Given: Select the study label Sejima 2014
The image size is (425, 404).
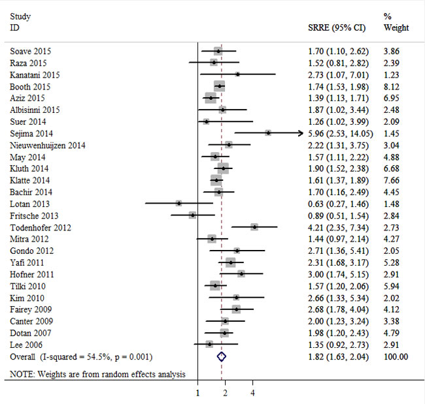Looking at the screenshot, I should pos(32,133).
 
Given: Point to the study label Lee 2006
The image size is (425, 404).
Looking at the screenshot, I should pos(27,345).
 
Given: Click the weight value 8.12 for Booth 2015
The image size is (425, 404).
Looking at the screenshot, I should pos(391,86).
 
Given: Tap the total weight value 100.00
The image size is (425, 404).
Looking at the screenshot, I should pos(396,356).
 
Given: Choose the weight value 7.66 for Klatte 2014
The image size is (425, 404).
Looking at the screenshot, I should pos(391,180).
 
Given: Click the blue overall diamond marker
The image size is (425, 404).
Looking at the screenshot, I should pos(221,356).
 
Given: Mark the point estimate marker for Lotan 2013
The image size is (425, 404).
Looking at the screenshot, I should pos(178,204).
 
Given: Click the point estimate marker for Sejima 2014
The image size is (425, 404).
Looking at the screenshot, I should pos(268,132).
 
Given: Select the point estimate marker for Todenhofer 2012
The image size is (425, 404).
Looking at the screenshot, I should pos(254,227).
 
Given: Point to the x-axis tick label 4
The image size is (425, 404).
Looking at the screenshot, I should pos(252,393).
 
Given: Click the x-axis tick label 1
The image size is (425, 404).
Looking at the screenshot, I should pos(198,393).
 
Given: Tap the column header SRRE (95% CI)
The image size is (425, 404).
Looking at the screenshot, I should pos(336,28).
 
